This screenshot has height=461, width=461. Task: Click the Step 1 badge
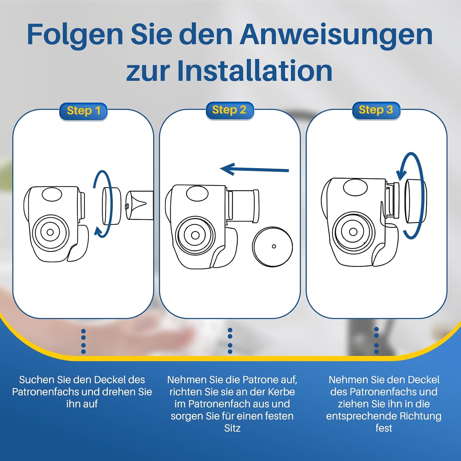coord(83,111)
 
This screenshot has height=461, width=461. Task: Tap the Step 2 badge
coord(230,110)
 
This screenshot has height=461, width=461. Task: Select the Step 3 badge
coord(376,110)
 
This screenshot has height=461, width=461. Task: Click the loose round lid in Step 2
coord(273,246)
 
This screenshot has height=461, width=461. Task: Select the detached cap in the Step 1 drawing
coord(111,206)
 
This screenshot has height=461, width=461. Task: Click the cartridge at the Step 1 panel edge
coord(139,205)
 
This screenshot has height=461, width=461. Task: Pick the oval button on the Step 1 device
coord(52,195)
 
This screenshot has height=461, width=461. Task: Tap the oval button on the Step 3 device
coord(355,187)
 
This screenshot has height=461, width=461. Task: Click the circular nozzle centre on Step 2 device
coord(195,235)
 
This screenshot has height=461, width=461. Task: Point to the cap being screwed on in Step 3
coord(415,201)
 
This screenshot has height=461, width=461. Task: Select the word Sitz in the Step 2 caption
coord(232,428)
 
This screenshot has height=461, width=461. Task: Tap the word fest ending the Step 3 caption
coord(384,428)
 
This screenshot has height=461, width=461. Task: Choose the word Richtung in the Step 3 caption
coord(421,416)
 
